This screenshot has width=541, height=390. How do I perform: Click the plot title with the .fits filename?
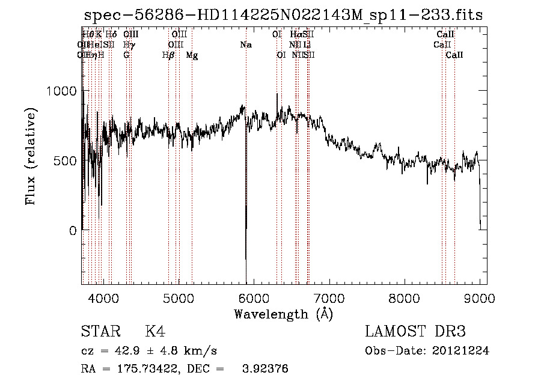[283, 16]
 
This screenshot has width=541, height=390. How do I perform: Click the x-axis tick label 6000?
[254, 297]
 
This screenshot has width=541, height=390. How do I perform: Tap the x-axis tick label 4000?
[103, 297]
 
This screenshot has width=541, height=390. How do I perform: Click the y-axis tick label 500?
[65, 161]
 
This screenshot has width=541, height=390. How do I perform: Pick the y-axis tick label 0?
[72, 231]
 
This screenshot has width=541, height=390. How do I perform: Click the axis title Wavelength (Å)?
[283, 314]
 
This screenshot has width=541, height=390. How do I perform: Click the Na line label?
[245, 44]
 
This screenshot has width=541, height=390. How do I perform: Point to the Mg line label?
[192, 55]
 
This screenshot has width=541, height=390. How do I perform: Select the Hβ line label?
[169, 55]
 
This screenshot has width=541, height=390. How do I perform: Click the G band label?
[126, 55]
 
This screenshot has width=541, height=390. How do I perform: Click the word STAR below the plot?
[99, 332]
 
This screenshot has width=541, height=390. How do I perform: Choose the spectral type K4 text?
[155, 332]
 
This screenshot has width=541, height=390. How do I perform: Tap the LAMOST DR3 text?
[415, 332]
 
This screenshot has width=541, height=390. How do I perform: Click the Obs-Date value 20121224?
[462, 351]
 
